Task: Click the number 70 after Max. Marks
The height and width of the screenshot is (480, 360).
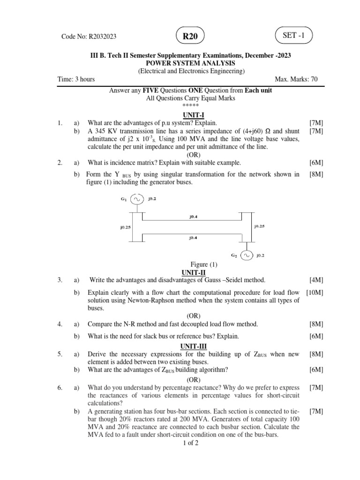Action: (313, 79)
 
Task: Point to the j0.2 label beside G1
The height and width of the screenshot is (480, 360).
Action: (152, 199)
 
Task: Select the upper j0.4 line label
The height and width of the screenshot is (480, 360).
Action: (193, 217)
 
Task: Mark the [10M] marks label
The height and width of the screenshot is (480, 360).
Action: (315, 292)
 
